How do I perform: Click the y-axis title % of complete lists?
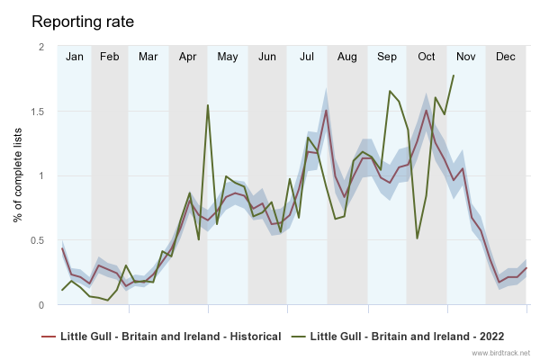coord(19,175)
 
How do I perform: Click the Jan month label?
coord(75,57)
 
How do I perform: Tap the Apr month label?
coord(188,57)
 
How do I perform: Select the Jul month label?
coord(307,57)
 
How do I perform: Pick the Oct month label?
coord(427,57)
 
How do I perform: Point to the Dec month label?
coord(506,57)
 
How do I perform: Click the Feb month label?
coord(110,57)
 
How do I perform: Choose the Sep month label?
coord(387,57)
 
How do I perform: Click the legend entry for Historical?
coord(162,337)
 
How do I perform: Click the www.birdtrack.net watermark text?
coord(501,353)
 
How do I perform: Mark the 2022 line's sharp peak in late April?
coord(208,105)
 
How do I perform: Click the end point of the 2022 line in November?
coord(453,76)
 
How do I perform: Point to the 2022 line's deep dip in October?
coord(417,238)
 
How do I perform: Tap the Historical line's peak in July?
coord(326,110)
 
